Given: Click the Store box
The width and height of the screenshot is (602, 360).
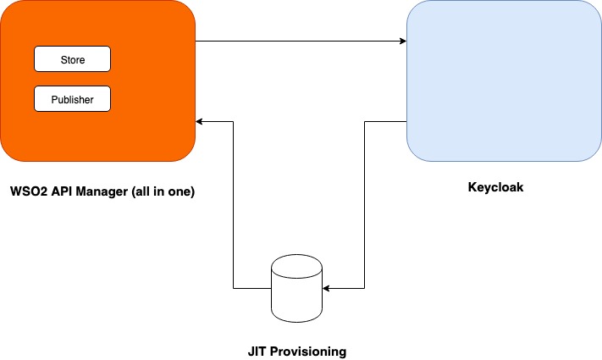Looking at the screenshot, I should coord(72,59).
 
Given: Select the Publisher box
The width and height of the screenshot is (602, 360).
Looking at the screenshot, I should coord(72,99).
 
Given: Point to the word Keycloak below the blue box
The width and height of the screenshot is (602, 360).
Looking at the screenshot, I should coord(496,187).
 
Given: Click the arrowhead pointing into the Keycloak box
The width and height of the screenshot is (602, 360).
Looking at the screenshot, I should coord(402,40).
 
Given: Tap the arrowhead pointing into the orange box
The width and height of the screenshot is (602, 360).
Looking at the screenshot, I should coord(201,121).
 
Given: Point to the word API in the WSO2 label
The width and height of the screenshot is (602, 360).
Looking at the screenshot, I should coord(61,192).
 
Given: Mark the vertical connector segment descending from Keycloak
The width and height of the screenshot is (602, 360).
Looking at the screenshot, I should coord(364,203).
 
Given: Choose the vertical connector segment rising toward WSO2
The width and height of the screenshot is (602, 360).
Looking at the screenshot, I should coord(233,203).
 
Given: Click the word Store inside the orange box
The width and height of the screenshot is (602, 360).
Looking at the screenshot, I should coord(72,60).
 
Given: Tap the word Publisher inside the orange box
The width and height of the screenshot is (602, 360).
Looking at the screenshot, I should coord(72,100).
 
